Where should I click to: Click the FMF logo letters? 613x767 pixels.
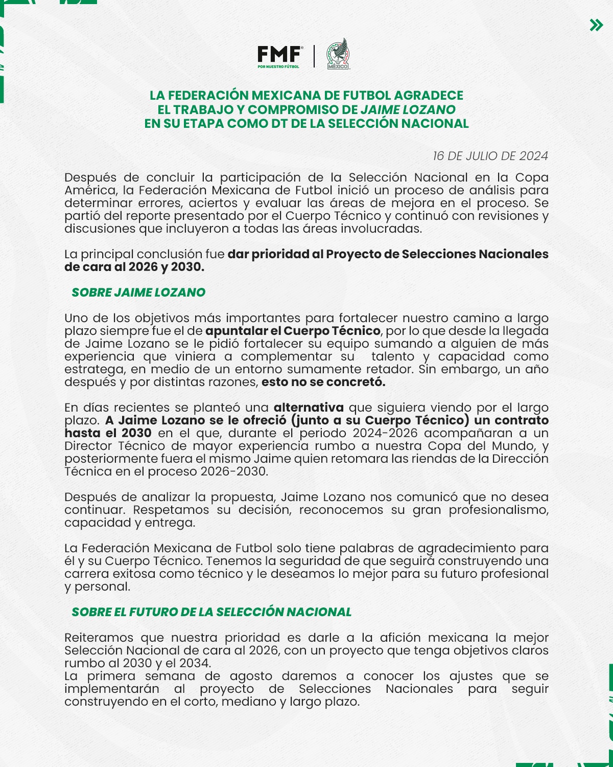coord(279,54)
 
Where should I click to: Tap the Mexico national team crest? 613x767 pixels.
coord(338,54)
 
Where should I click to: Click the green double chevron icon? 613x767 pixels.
coord(596,25)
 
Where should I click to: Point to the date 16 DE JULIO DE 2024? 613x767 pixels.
coord(490,156)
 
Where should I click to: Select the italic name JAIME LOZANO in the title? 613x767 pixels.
coord(408,110)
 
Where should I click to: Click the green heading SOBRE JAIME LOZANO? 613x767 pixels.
coord(138,292)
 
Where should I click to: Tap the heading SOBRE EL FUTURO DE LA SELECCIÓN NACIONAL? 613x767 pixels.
coord(211,612)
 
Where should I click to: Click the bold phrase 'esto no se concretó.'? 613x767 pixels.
coord(323,382)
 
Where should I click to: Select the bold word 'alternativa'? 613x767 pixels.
coord(309,408)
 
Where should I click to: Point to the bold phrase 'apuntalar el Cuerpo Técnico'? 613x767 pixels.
coord(293,331)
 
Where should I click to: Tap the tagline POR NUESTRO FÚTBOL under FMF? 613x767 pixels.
coord(278,66)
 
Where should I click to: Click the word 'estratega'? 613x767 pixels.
coord(93,369)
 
